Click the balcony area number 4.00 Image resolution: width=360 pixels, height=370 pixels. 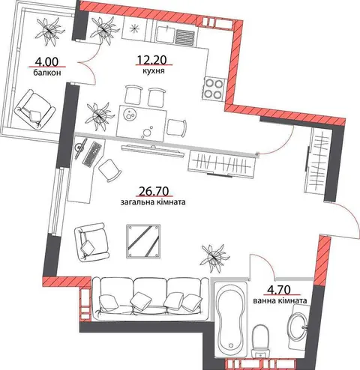[x=46, y=61]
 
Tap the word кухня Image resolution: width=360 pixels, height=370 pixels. [x=154, y=71]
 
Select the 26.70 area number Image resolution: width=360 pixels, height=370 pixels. [x=154, y=191]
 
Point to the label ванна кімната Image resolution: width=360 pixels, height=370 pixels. [x=280, y=300]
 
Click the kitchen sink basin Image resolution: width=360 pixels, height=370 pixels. [x=165, y=34]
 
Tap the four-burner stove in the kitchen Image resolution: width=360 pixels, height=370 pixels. [x=213, y=89]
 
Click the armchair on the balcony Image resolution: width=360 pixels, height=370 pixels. [x=34, y=109]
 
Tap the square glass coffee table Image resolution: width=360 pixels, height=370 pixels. [x=143, y=240]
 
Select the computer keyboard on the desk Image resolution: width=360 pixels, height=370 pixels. [x=91, y=154]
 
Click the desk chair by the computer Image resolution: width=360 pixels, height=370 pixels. [x=110, y=170]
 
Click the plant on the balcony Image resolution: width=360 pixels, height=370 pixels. [x=50, y=31]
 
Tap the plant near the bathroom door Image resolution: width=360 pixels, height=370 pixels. [x=214, y=258]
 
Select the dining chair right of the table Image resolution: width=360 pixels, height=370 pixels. [x=177, y=127]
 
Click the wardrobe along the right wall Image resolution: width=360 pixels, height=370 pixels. [x=317, y=163]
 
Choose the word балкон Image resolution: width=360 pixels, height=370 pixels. [x=47, y=73]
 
